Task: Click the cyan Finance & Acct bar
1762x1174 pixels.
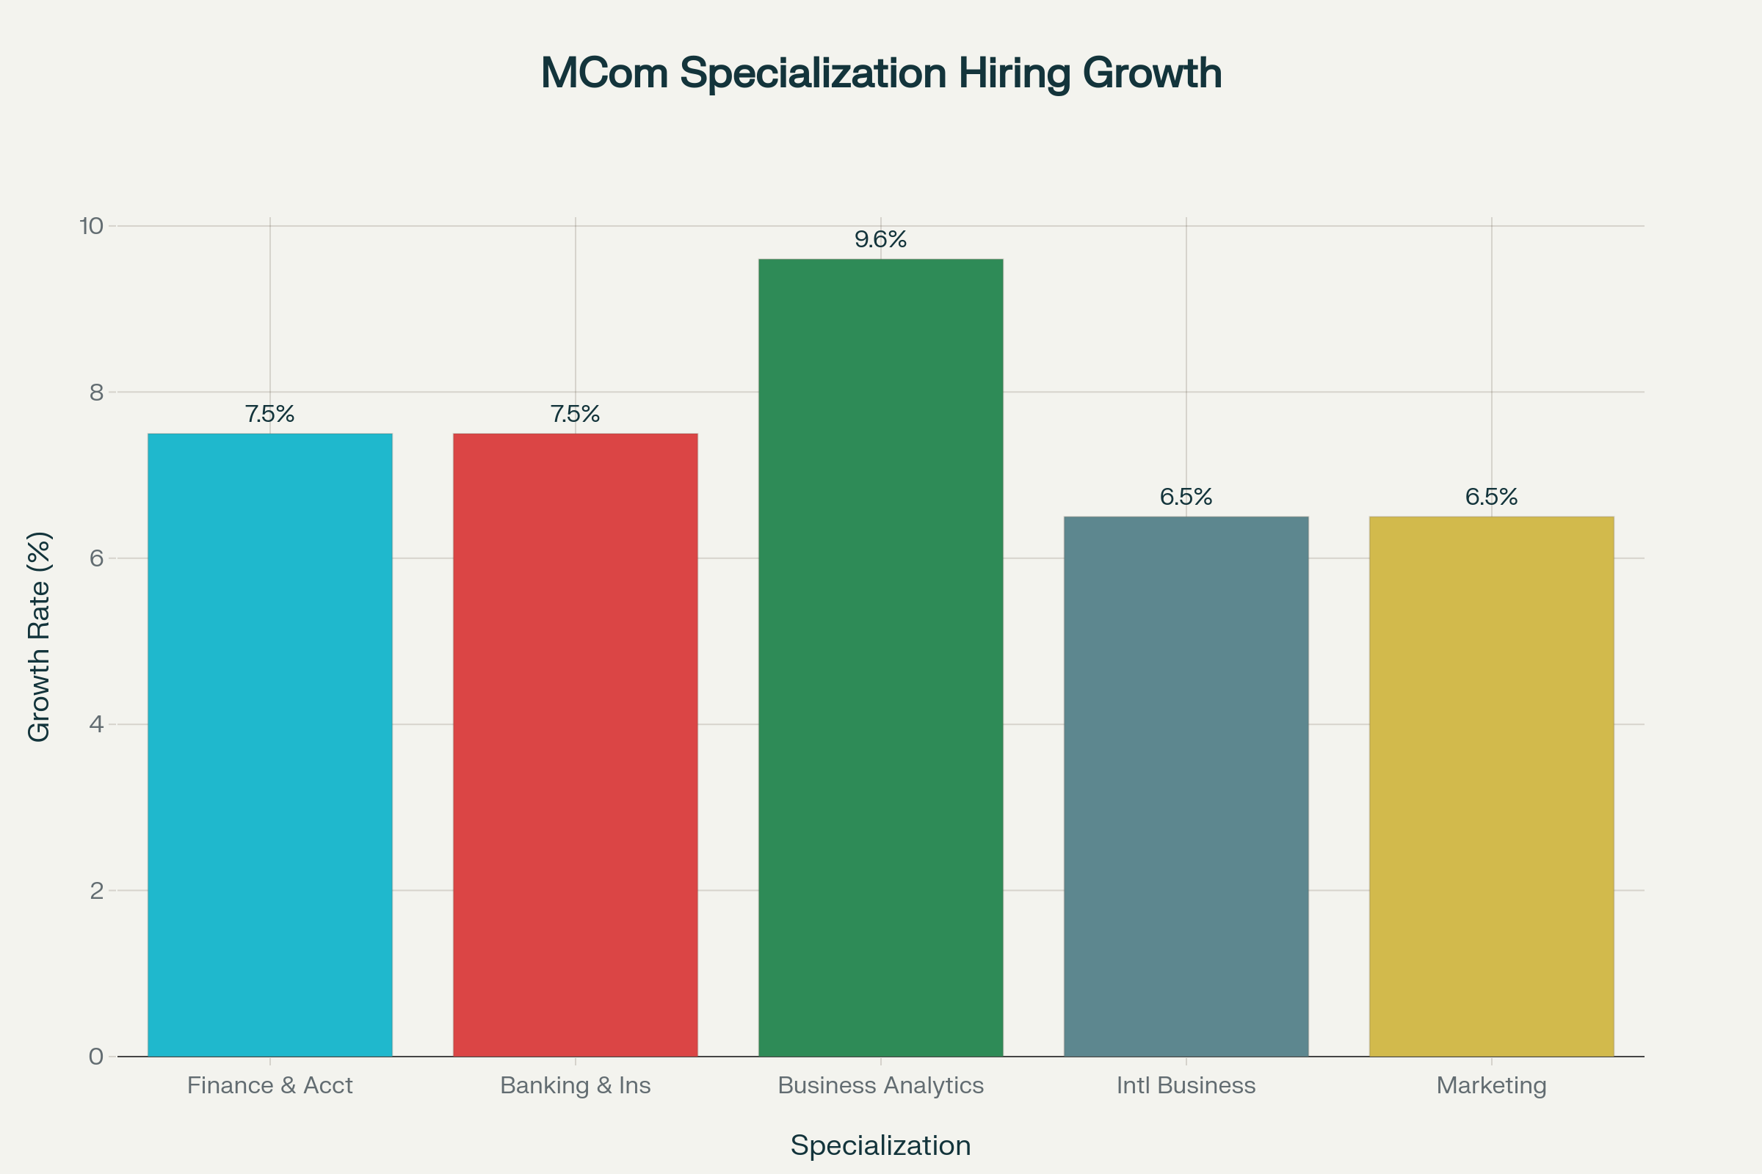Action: click(269, 745)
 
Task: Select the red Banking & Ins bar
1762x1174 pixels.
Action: click(576, 745)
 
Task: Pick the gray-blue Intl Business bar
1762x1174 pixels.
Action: click(1186, 786)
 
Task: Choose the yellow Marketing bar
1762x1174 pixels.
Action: click(1491, 786)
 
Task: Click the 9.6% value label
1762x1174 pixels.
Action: click(880, 240)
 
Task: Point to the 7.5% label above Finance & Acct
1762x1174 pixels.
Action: click(269, 414)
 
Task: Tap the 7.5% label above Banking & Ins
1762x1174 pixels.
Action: click(576, 414)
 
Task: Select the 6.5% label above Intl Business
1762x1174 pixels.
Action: click(1186, 497)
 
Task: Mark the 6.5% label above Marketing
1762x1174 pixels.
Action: click(1491, 497)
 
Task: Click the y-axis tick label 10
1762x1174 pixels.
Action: click(91, 226)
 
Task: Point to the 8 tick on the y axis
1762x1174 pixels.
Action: click(97, 393)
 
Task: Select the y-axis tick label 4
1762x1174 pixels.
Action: click(97, 725)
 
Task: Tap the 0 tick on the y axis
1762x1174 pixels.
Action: click(97, 1057)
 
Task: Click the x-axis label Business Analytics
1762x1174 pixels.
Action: click(880, 1086)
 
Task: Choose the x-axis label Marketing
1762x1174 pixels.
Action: click(1491, 1086)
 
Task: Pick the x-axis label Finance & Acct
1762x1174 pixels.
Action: click(269, 1086)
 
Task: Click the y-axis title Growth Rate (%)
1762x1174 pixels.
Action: click(39, 636)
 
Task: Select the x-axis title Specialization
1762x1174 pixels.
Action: click(880, 1146)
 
